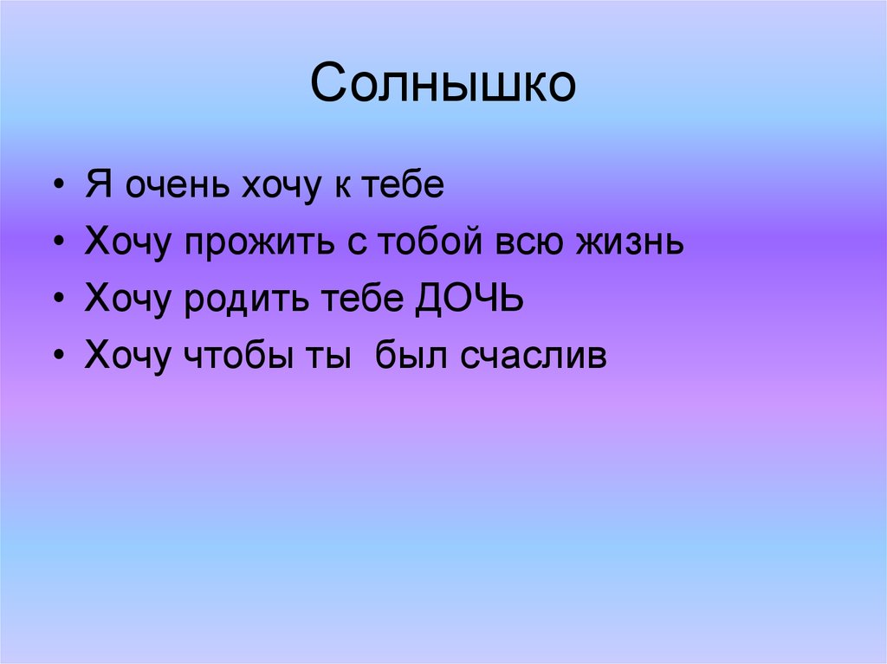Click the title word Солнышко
point(443,85)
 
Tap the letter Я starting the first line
point(99,187)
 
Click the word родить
point(234,301)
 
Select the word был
point(411,357)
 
